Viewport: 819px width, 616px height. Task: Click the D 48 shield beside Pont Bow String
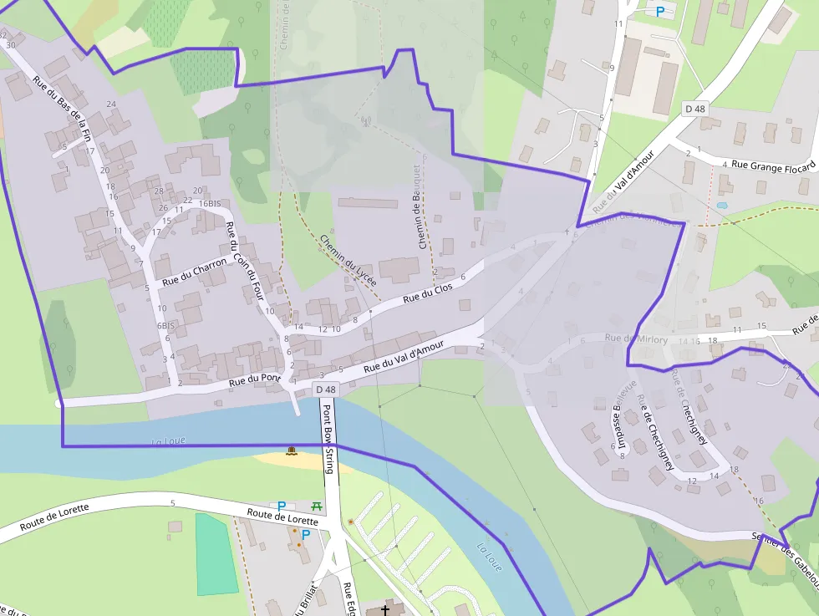(326, 389)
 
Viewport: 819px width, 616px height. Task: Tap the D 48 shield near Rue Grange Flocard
(695, 109)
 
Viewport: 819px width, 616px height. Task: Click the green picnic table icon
(317, 506)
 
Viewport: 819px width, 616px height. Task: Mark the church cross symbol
(385, 609)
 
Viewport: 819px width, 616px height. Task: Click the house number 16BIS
(210, 203)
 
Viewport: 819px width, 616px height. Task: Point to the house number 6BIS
(165, 325)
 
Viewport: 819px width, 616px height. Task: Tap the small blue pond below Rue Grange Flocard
(722, 204)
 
